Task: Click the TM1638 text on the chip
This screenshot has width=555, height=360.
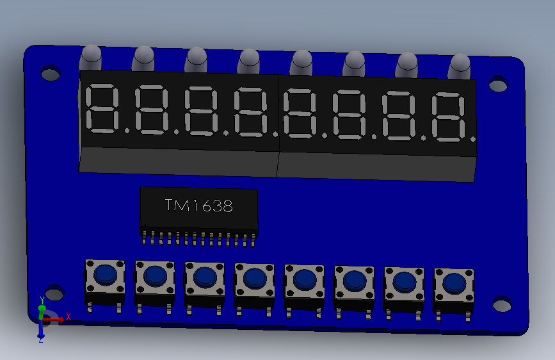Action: click(198, 206)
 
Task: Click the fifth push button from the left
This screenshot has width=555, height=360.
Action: click(305, 279)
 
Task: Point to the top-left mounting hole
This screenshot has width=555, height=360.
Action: click(51, 73)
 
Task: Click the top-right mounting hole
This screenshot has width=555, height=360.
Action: click(497, 85)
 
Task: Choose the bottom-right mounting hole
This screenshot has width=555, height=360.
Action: click(502, 304)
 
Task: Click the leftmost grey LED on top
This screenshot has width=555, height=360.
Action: click(91, 58)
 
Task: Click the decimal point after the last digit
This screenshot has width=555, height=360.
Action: click(472, 138)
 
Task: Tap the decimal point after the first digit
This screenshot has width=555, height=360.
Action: click(126, 130)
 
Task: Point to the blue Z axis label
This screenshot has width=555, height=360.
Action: click(40, 340)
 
